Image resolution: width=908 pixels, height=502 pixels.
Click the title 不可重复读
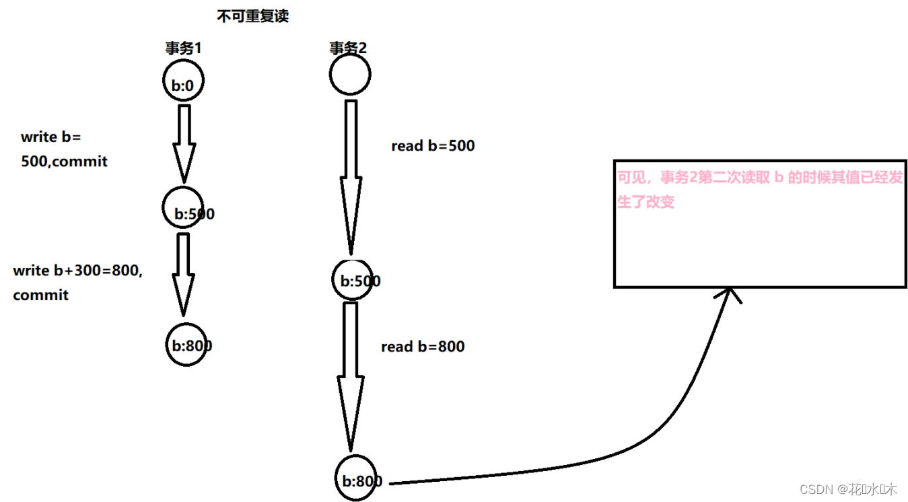coord(252,16)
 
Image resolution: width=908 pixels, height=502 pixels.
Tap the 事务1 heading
coord(184,48)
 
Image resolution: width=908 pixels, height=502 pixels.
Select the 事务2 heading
coord(348,48)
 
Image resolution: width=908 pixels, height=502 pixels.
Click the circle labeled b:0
coord(183,83)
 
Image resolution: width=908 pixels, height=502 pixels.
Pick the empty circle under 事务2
coord(350,74)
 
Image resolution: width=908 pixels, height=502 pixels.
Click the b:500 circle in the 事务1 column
coord(184,208)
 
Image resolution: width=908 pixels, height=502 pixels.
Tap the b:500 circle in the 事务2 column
coord(353,279)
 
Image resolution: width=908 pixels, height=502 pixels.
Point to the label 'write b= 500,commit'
coord(64,149)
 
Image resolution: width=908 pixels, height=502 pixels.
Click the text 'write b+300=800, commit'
coord(77,283)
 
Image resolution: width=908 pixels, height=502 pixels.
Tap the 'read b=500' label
coord(433,146)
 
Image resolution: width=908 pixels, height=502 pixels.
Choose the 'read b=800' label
coord(423,347)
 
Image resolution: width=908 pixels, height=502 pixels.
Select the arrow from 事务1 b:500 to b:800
coord(183,273)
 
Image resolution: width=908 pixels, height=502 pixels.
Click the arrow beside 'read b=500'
coord(350,178)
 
